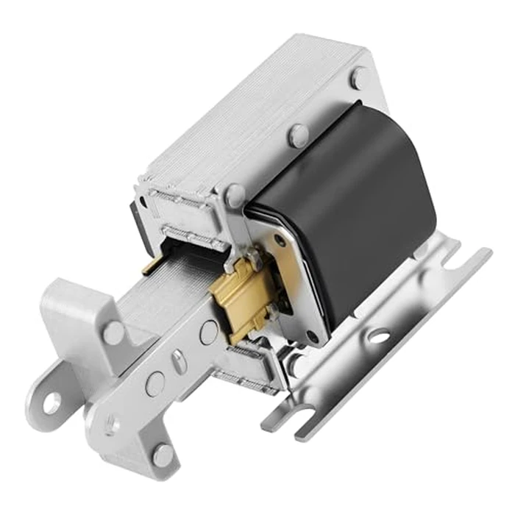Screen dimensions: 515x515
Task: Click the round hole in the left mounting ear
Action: click(51, 402)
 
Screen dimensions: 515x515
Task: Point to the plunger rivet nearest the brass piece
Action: click(208, 333)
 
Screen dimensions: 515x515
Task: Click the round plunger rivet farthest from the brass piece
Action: click(154, 383)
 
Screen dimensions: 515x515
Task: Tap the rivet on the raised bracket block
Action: click(113, 332)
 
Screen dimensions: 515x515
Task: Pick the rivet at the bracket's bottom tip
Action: click(163, 455)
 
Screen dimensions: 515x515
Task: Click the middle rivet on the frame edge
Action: click(298, 135)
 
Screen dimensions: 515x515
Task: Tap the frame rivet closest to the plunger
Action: click(235, 196)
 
